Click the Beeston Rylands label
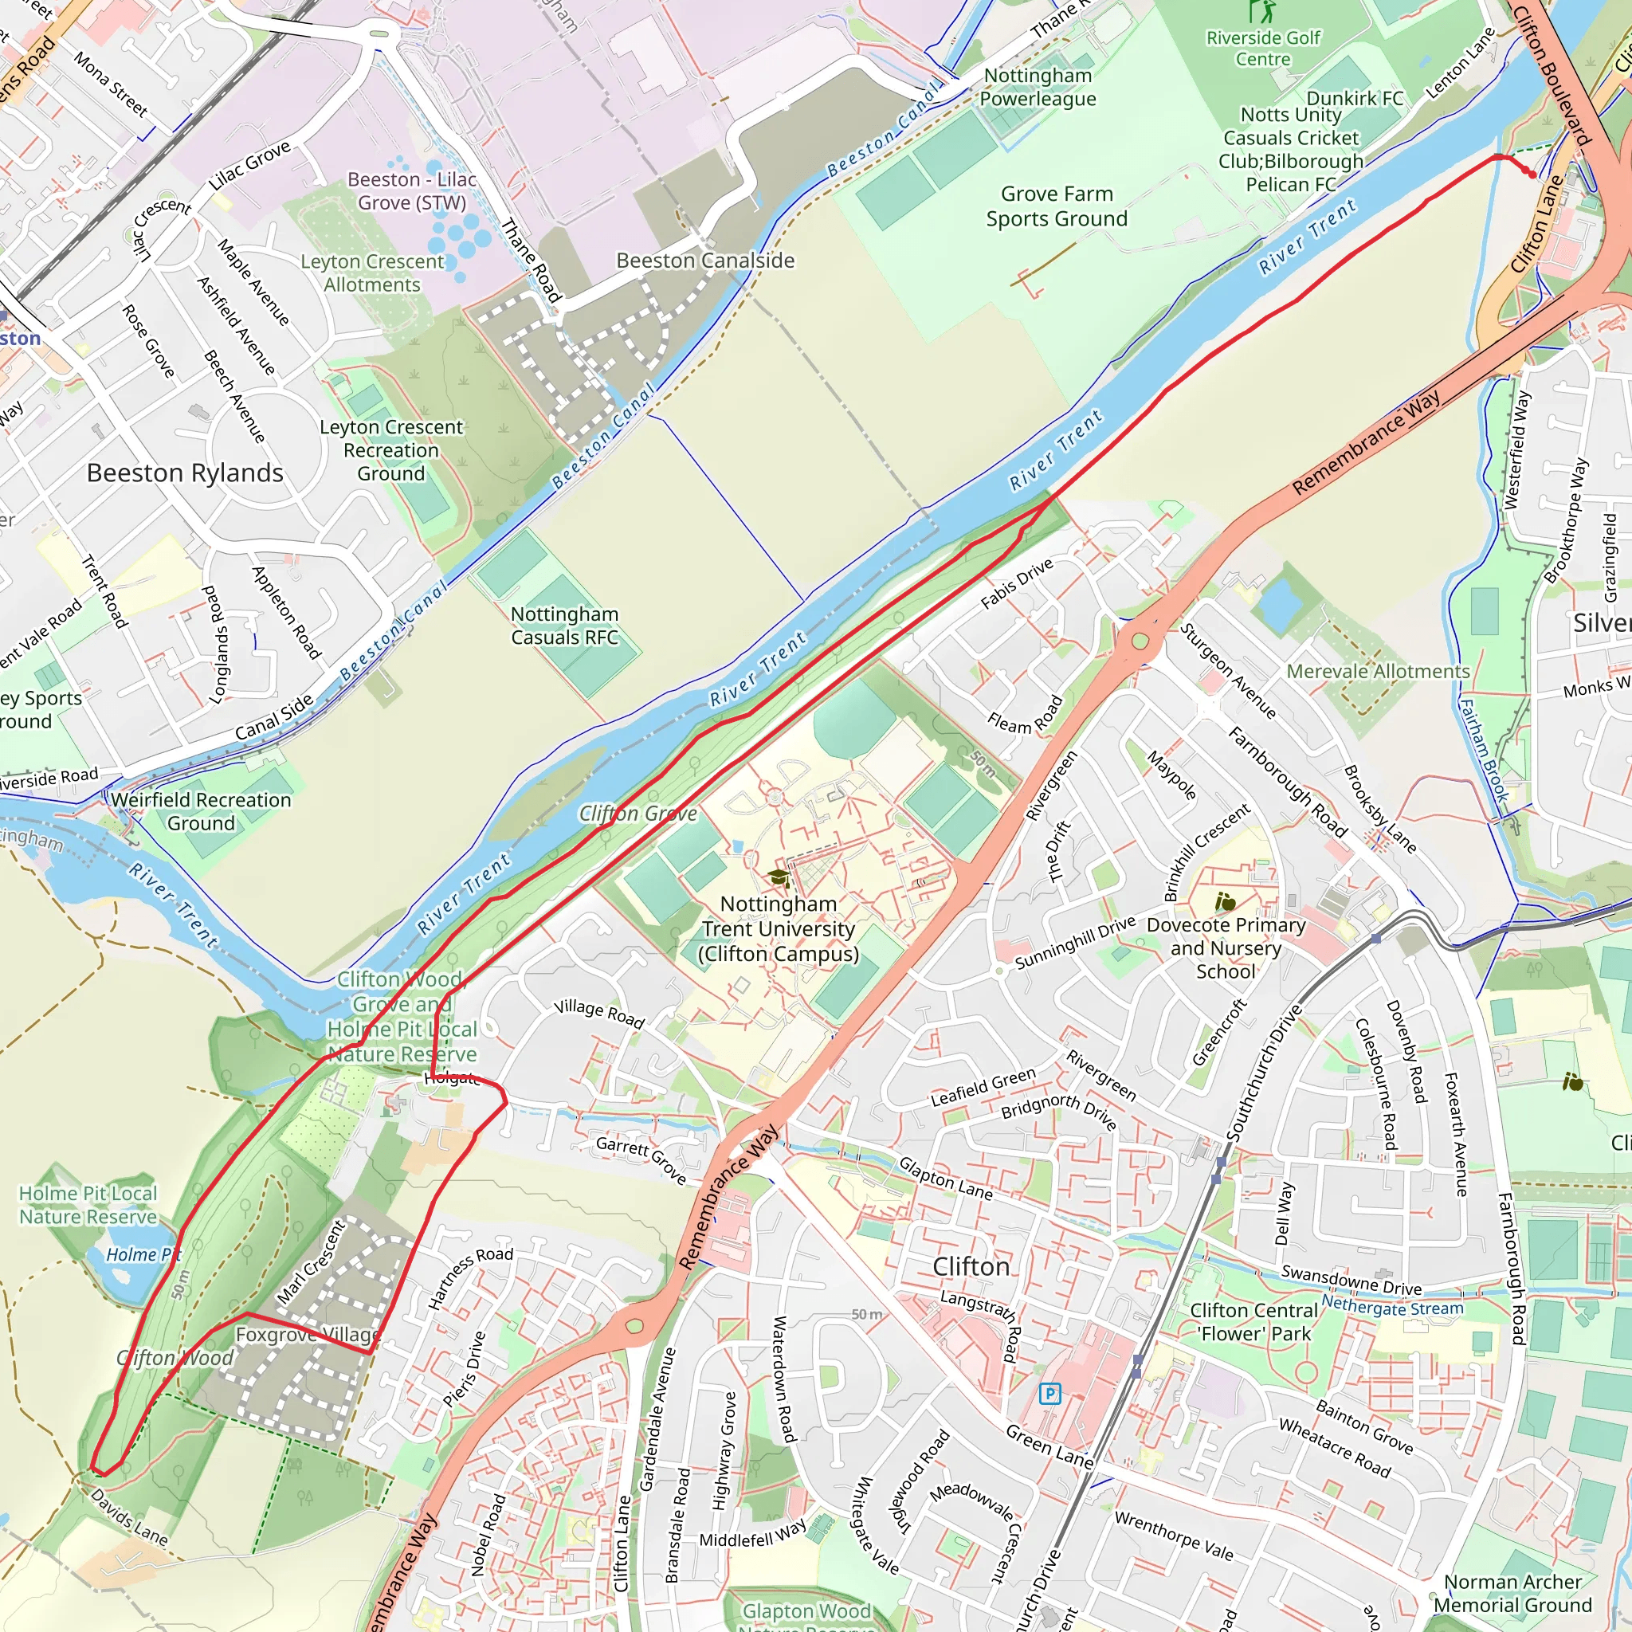pyautogui.click(x=185, y=473)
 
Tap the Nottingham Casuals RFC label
pyautogui.click(x=564, y=626)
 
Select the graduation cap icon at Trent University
pyautogui.click(x=777, y=877)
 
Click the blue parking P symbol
pyautogui.click(x=1050, y=1393)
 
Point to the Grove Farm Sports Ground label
pyautogui.click(x=1057, y=206)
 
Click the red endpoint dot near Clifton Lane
pyautogui.click(x=1532, y=175)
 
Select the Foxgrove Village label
pyautogui.click(x=308, y=1335)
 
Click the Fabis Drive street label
pyautogui.click(x=1017, y=583)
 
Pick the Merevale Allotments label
pyautogui.click(x=1378, y=672)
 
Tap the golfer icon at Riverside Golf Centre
pyautogui.click(x=1263, y=12)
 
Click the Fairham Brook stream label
pyautogui.click(x=1484, y=749)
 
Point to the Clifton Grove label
pyautogui.click(x=637, y=814)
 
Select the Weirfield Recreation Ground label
pyautogui.click(x=201, y=811)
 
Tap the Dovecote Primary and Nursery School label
pyautogui.click(x=1226, y=947)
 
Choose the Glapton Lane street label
pyautogui.click(x=945, y=1179)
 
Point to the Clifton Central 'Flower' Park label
pyautogui.click(x=1253, y=1322)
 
